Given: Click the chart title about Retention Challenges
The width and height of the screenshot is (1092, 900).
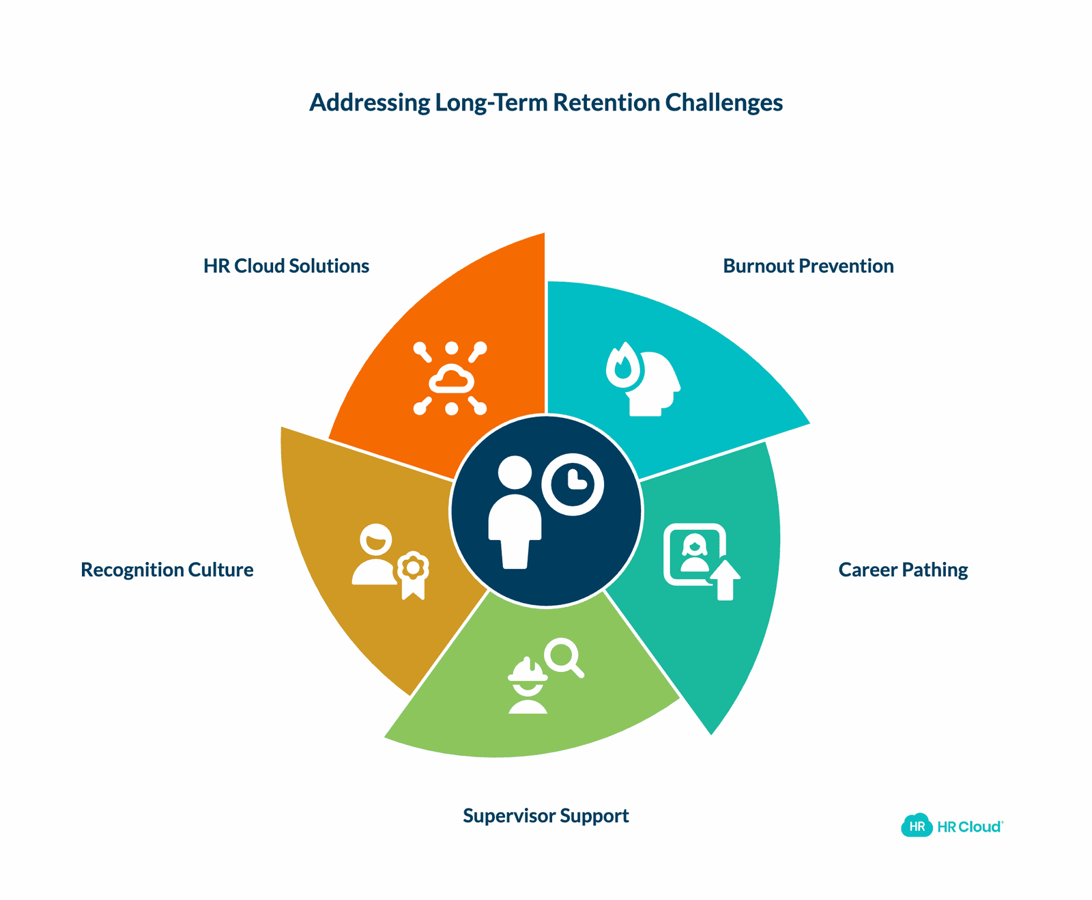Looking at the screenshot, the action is coord(546,102).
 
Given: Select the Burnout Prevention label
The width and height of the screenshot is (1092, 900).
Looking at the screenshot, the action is coord(808,266).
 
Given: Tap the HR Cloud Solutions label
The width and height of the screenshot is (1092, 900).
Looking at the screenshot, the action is coord(286,266).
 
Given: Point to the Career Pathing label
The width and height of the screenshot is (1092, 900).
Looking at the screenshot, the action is coord(903,569).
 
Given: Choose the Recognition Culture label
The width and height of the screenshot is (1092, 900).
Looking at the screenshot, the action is coord(167,569).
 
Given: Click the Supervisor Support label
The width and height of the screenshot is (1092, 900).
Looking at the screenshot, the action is coord(546,815).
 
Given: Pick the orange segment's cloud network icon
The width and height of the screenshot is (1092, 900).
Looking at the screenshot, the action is coord(450,378).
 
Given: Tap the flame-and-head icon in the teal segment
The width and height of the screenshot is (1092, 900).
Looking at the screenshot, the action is coord(644,380).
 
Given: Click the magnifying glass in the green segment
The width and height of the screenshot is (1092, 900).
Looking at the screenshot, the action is coord(564,658).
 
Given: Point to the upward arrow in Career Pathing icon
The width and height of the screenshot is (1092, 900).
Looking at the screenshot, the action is coord(725,580).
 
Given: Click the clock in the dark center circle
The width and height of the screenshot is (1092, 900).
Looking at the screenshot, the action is coord(573,484).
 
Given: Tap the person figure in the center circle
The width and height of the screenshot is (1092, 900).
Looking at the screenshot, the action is coord(515,512).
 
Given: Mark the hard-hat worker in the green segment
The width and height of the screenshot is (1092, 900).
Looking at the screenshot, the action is coord(528,686).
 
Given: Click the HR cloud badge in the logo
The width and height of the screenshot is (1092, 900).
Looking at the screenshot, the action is coord(917,826).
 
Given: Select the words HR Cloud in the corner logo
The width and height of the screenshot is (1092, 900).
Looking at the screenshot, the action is coord(969,827).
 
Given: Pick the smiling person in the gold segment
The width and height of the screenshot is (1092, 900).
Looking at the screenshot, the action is coord(375,554).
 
